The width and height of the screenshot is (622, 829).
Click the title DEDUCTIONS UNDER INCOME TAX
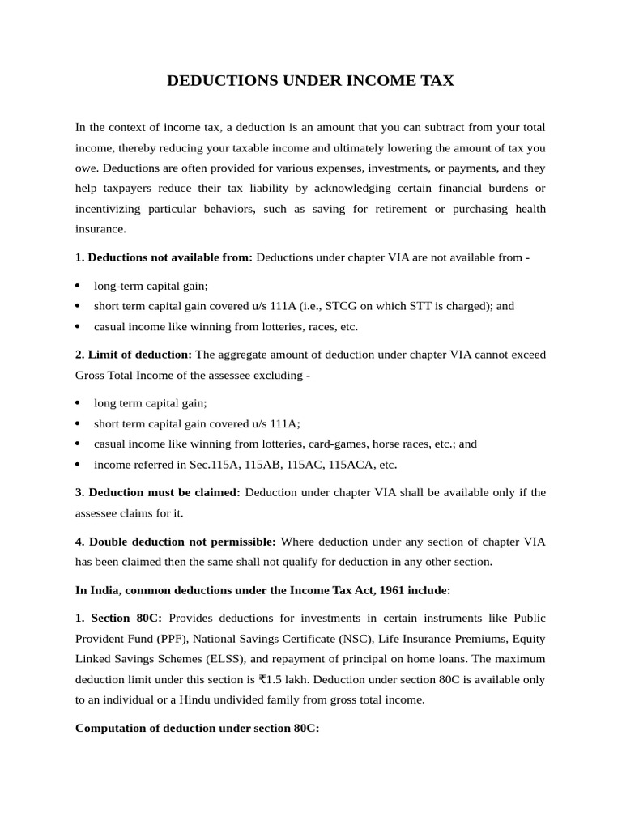click(x=311, y=81)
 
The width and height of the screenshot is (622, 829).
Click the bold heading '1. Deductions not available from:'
click(x=164, y=257)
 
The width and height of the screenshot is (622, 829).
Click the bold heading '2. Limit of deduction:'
click(x=133, y=355)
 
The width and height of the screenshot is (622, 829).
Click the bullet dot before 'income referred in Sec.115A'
click(x=78, y=465)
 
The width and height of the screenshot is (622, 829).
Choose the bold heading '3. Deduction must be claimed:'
click(x=158, y=492)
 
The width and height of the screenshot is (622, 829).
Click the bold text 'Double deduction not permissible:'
click(x=182, y=541)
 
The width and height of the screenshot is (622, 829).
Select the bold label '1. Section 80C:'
click(x=118, y=618)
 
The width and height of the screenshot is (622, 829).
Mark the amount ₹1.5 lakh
click(x=284, y=678)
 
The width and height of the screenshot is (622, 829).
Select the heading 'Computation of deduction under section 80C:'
click(x=197, y=728)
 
